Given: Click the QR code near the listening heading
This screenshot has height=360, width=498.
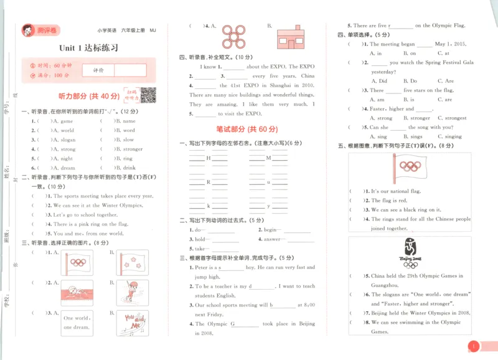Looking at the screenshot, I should pyautogui.click(x=148, y=95).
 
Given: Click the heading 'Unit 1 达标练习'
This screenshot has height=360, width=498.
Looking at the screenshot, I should pyautogui.click(x=89, y=48).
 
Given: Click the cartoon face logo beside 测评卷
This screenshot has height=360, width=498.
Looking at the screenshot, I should pyautogui.click(x=27, y=31).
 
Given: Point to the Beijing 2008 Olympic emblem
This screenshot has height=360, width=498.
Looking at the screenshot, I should pyautogui.click(x=410, y=253).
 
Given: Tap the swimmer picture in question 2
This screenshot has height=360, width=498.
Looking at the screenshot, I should pyautogui.click(x=77, y=291).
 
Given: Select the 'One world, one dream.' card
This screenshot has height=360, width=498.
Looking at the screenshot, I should pyautogui.click(x=77, y=322).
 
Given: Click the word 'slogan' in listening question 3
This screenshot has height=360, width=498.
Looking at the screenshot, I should pyautogui.click(x=68, y=140).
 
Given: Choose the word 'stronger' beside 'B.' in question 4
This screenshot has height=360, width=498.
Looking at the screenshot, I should pyautogui.click(x=133, y=149).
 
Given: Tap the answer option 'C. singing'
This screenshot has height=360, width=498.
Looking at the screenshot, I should pyautogui.click(x=449, y=136).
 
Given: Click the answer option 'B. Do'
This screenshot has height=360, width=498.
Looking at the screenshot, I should pyautogui.click(x=410, y=81).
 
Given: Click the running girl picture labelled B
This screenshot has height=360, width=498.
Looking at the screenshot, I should pyautogui.click(x=132, y=291).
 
